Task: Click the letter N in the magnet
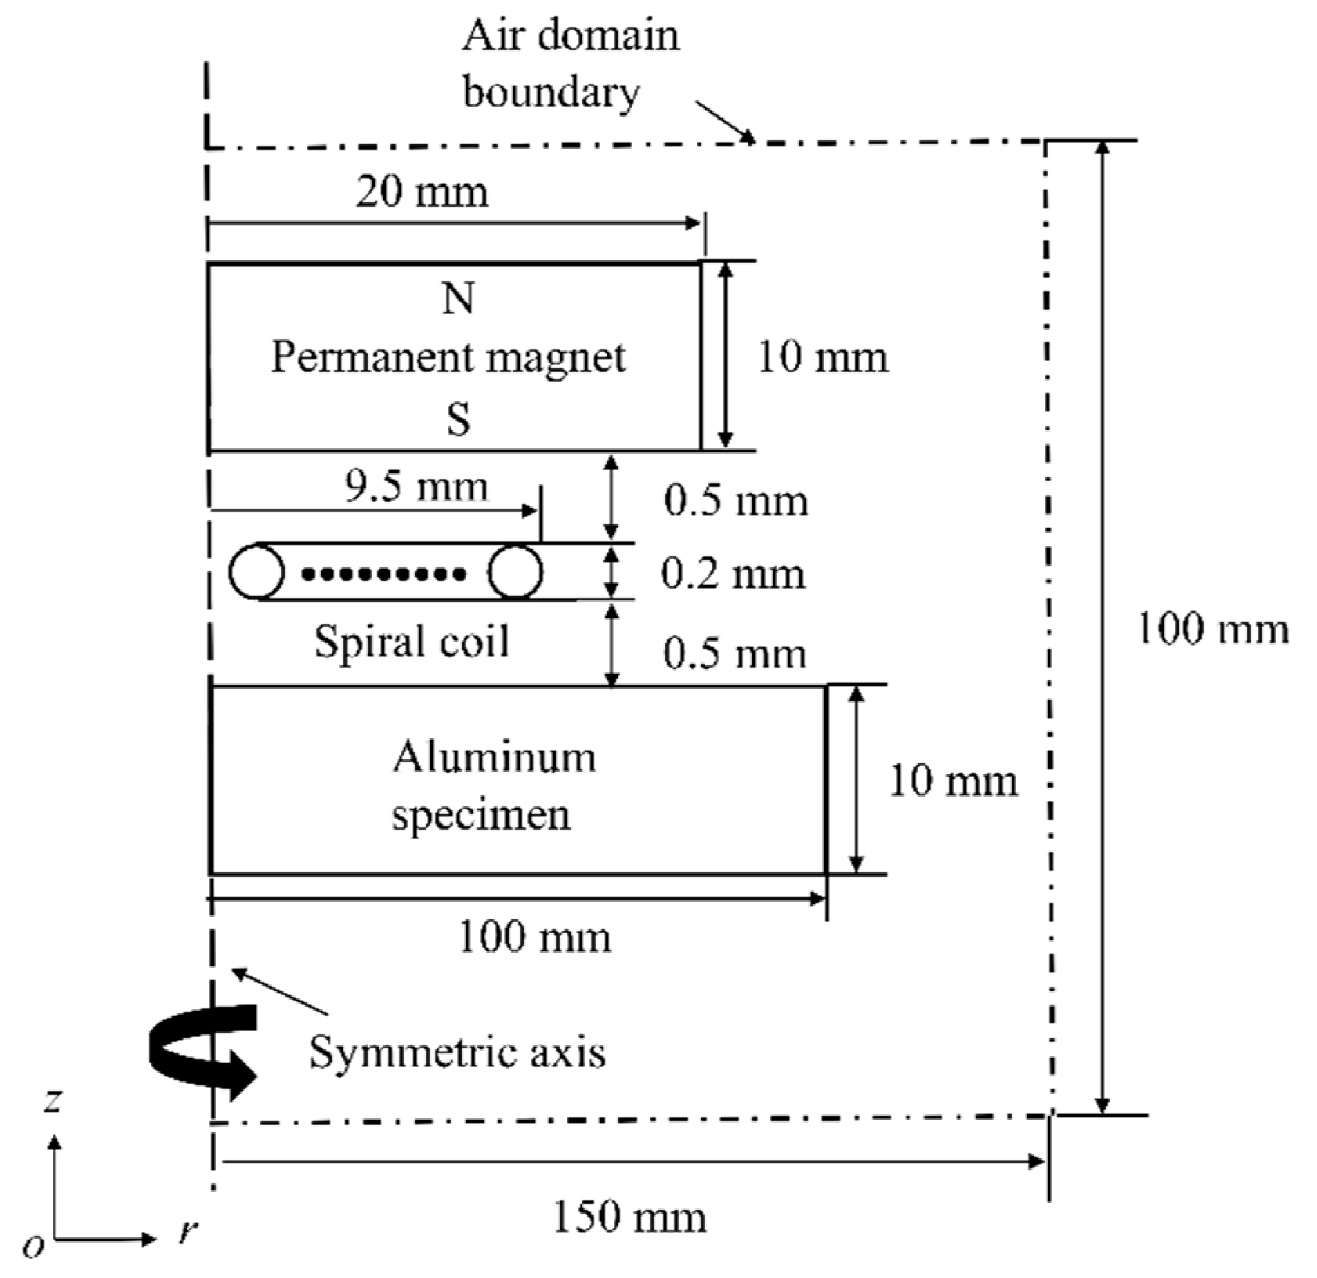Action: [458, 299]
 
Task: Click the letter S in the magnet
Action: [458, 419]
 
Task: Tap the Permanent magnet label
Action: [448, 358]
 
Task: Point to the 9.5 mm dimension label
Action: [416, 486]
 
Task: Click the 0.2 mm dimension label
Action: [733, 573]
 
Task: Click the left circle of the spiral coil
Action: [256, 571]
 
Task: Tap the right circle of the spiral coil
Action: [515, 571]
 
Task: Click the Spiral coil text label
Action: [412, 641]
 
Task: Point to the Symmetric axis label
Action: [457, 1053]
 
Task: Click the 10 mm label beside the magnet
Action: [822, 358]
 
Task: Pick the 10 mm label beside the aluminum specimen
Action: [953, 781]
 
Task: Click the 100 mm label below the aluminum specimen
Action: [534, 938]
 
